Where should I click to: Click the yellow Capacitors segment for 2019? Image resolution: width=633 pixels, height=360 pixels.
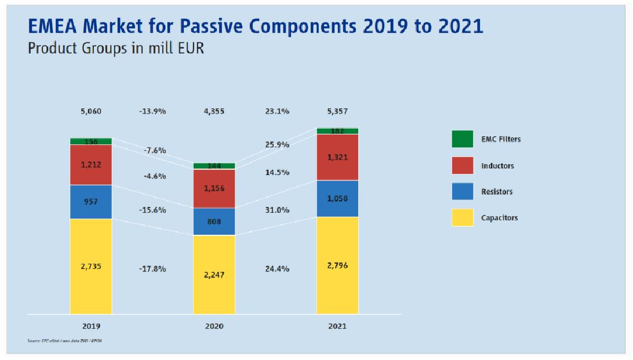click(x=91, y=266)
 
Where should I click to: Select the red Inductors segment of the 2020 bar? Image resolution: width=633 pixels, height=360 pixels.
click(x=214, y=188)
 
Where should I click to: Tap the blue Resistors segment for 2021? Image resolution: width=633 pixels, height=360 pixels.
click(x=337, y=198)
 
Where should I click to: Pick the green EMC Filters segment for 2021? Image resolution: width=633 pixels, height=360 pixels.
click(x=337, y=131)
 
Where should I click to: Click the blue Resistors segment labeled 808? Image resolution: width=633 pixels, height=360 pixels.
click(x=214, y=221)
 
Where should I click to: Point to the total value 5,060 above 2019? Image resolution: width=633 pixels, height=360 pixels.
click(x=91, y=111)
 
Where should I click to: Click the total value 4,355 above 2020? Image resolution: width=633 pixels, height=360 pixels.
click(x=214, y=111)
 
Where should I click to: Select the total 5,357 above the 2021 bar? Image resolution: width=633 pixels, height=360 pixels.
click(x=337, y=111)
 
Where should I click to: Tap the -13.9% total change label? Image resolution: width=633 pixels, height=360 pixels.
click(x=152, y=111)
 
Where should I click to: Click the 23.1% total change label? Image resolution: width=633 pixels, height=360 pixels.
click(x=277, y=111)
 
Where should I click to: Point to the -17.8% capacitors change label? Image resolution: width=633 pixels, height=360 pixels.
click(x=152, y=269)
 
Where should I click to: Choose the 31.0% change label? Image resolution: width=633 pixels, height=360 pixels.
click(x=277, y=210)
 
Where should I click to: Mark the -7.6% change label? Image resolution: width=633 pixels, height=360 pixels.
click(x=155, y=151)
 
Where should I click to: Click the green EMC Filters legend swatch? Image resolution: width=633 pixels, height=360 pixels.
click(x=463, y=139)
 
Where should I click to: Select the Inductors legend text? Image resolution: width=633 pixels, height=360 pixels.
click(x=497, y=166)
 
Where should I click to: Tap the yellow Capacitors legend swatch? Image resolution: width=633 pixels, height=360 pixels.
click(x=463, y=218)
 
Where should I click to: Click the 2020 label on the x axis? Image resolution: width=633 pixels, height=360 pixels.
click(x=214, y=327)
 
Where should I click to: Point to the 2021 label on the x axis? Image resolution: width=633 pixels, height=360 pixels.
click(x=337, y=327)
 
